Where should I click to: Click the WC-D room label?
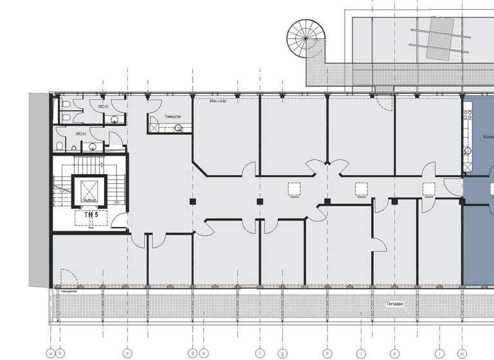(102, 105)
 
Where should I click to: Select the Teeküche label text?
(172, 116)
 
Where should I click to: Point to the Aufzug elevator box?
(89, 190)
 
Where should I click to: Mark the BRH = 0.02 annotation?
(218, 101)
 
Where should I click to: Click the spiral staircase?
(306, 38)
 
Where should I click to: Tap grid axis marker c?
(127, 352)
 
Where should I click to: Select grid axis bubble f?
(260, 352)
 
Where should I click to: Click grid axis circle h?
(327, 352)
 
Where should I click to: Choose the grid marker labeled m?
(462, 352)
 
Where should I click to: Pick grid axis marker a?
(51, 352)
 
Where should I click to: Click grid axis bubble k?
(395, 352)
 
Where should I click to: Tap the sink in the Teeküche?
(178, 128)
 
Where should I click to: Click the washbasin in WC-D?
(114, 119)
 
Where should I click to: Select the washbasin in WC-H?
(94, 146)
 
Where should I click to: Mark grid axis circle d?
(192, 352)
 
